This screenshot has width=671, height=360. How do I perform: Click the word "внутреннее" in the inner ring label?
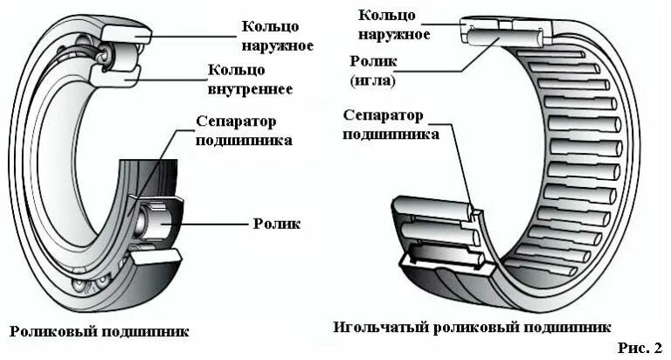pos(250,89)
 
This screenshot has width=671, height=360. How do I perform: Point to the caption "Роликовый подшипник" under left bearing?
pos(99,332)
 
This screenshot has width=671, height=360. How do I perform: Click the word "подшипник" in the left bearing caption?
pos(149,332)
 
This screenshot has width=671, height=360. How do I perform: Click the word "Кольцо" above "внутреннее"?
pos(233,71)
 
